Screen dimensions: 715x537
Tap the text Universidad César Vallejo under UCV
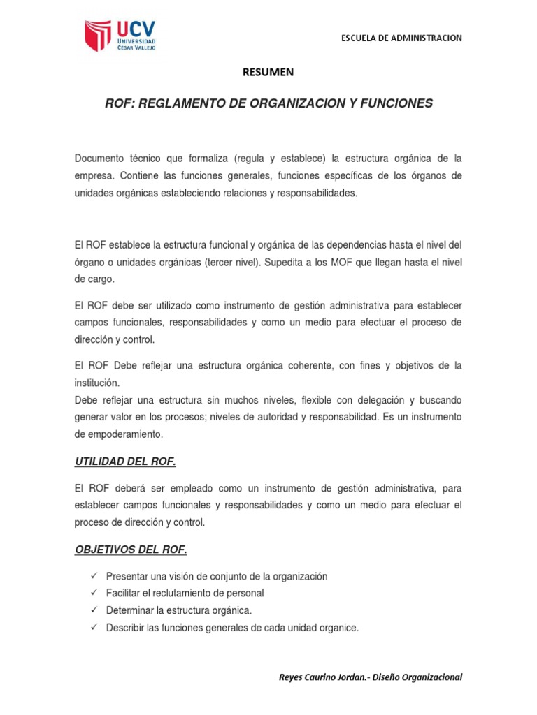pos(137,44)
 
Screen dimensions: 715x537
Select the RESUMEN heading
pos(268,72)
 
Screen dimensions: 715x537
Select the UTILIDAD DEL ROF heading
pos(125,462)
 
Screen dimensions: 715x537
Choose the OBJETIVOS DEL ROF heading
pos(131,550)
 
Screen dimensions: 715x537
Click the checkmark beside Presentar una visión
pos(94,576)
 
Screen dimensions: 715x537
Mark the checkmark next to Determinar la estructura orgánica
pos(94,610)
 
